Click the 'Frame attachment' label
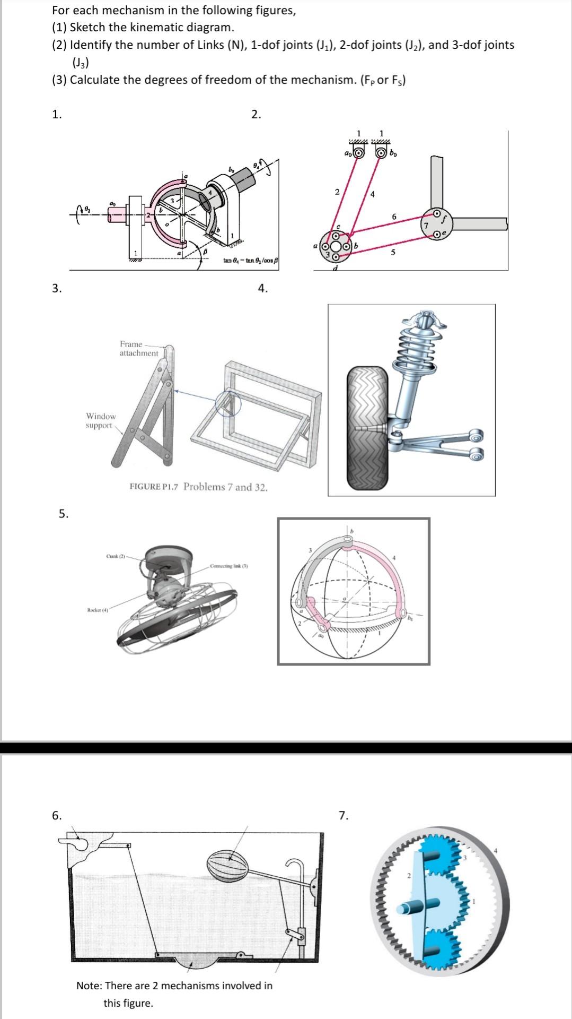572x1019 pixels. [138, 349]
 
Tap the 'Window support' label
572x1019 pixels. [100, 421]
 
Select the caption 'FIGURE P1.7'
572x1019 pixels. [155, 487]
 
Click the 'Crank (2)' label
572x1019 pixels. [115, 556]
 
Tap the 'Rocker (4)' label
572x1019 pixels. [98, 610]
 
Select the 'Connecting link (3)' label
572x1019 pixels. [229, 566]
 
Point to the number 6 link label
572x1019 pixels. [394, 217]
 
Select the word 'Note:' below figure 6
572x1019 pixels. [89, 986]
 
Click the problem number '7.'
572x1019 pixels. [344, 816]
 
